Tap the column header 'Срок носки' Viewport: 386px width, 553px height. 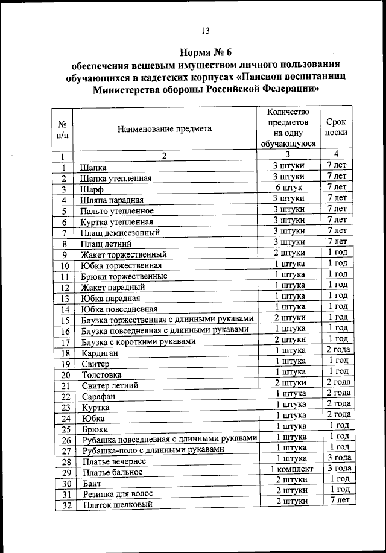(336, 128)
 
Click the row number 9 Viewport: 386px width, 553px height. (63, 254)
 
